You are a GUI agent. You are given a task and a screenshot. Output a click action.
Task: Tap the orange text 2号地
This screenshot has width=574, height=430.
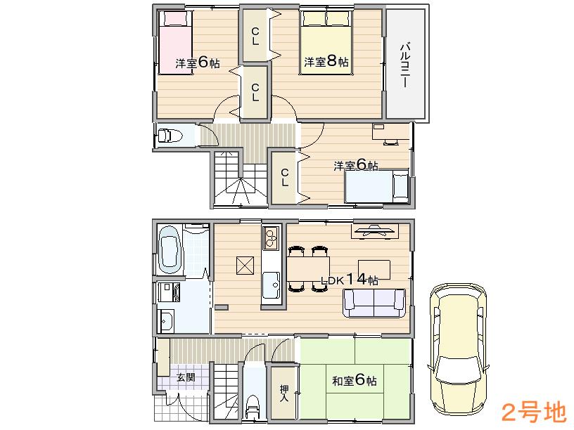click(532, 410)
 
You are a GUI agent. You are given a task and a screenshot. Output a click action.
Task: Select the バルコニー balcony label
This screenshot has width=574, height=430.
click(405, 65)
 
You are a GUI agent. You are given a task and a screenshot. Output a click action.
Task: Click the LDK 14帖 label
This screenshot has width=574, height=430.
click(350, 280)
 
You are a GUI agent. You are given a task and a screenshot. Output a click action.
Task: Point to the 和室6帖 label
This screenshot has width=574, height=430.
click(354, 381)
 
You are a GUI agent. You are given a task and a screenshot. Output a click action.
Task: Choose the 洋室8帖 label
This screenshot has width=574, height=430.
click(326, 62)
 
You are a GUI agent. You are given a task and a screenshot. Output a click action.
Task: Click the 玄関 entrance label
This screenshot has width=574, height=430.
click(186, 377)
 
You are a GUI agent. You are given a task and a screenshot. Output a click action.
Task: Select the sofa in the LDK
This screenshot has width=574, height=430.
click(374, 303)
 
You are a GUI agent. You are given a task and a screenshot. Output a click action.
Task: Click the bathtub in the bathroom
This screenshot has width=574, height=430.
click(170, 249)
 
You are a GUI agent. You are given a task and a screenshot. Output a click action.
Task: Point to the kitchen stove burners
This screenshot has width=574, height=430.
click(271, 238)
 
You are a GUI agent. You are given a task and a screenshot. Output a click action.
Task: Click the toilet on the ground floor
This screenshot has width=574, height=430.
click(253, 405)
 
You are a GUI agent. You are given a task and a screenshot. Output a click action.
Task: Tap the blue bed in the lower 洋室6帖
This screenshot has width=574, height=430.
click(376, 186)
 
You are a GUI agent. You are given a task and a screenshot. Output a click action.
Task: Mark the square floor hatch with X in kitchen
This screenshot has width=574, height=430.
click(245, 266)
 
